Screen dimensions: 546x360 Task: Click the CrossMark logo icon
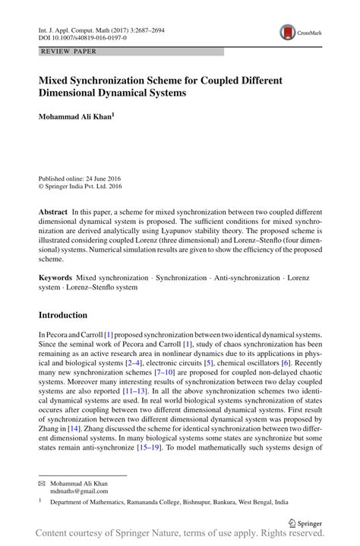tap(287, 32)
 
